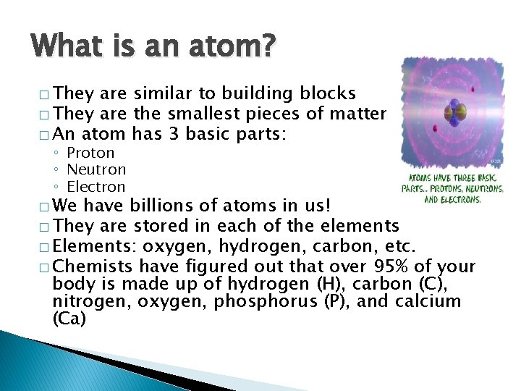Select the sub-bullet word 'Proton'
tap(90, 153)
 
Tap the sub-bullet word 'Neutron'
tap(96, 170)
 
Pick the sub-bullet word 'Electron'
tap(96, 188)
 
